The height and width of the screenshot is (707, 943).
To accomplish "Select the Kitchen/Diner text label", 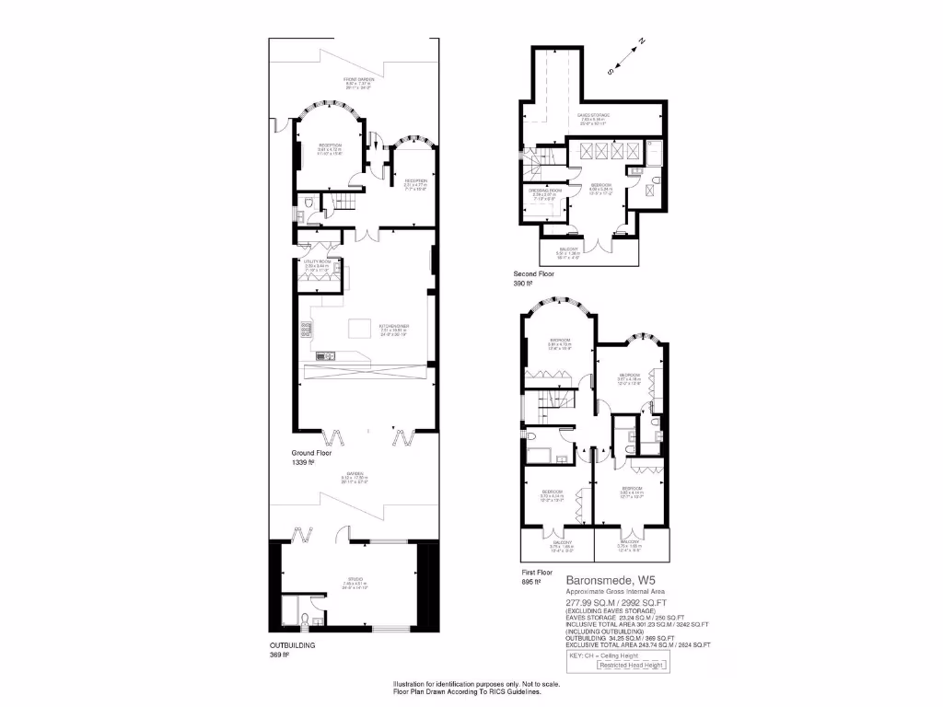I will (x=393, y=326).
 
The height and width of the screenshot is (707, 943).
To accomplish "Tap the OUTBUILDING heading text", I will (x=292, y=645).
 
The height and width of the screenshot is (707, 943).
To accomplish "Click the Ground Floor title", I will (x=311, y=453).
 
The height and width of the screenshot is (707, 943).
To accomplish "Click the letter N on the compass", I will (x=642, y=41).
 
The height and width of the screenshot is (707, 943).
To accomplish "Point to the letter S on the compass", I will (x=610, y=70).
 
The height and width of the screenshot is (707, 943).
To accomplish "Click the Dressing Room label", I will (x=545, y=191).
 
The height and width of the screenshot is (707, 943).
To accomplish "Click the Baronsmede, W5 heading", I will (x=604, y=580).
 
